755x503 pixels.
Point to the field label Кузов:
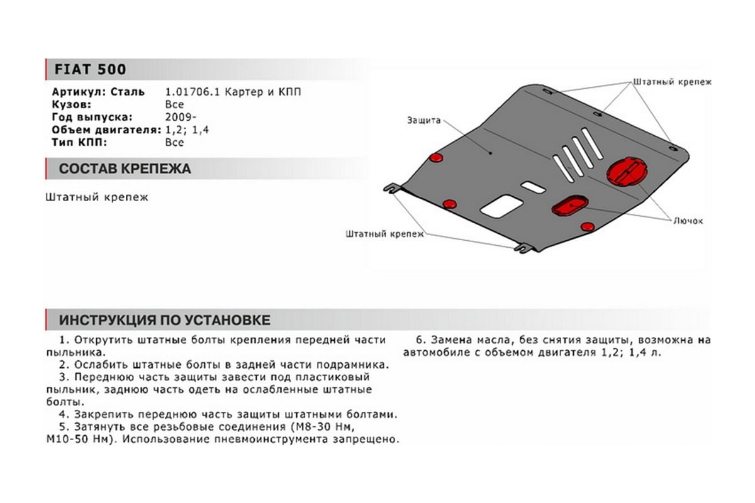point(72,104)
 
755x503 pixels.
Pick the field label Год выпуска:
point(93,117)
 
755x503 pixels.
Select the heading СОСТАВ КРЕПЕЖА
point(124,169)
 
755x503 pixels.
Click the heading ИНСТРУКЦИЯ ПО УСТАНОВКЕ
point(165,320)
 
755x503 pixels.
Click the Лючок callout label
point(688,221)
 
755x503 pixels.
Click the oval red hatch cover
point(570,205)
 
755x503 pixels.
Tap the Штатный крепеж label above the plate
point(671,82)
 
